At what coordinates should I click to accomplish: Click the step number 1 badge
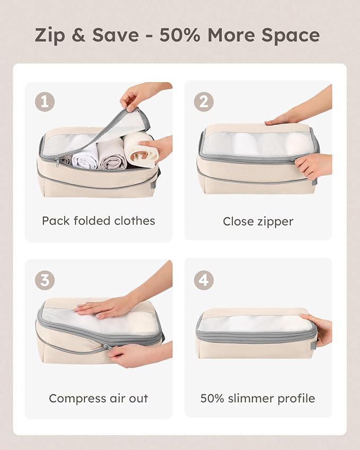[45, 101]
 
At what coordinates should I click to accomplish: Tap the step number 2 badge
[204, 101]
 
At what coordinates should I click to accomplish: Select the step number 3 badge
[45, 280]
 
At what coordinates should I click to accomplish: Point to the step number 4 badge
[204, 280]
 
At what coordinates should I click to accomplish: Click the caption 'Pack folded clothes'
[99, 220]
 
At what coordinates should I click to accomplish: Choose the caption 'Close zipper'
[258, 222]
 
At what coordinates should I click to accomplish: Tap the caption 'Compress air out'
[99, 398]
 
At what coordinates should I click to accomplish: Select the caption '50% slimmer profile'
[258, 398]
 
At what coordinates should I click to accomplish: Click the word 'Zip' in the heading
[51, 35]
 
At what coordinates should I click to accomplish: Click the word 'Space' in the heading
[292, 35]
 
